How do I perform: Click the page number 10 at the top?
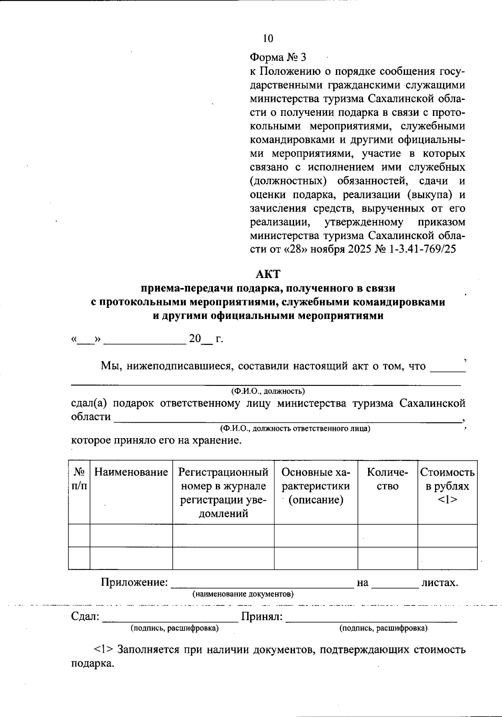coord(268,38)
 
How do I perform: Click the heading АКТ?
coord(268,274)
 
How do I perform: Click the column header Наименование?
coord(131,472)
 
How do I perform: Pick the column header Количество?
coord(387,479)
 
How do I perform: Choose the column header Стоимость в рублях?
coord(447,486)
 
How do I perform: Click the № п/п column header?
coord(79,479)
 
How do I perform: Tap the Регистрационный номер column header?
coord(223,492)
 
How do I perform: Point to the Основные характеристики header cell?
coord(316,486)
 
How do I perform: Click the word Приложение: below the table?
coord(134,582)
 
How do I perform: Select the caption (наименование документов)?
coord(243,594)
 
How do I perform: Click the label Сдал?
coord(85,617)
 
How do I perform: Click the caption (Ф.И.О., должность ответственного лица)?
coord(295,429)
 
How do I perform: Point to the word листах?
coord(440,582)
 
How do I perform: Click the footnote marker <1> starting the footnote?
coord(103,650)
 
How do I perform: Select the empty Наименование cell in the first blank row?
coord(131,536)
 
